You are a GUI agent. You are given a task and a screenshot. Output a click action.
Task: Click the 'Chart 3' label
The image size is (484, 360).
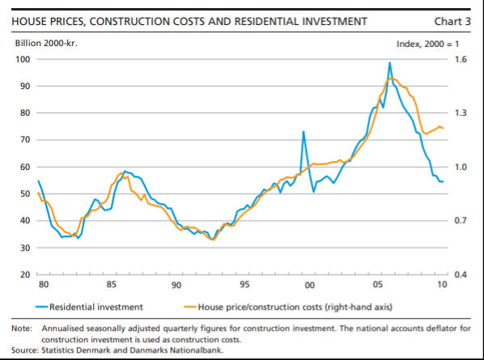coord(452,21)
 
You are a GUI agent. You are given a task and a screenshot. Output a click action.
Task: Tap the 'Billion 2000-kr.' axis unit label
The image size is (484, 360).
coord(46,43)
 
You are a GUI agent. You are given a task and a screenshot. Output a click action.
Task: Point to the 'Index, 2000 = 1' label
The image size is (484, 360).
coord(427,44)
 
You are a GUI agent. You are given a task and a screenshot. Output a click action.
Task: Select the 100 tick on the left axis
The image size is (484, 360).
coord(23,59)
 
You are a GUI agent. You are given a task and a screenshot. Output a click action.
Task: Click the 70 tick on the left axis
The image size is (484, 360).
coord(25,140)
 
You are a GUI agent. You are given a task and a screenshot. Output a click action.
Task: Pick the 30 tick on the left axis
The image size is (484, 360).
coord(25,248)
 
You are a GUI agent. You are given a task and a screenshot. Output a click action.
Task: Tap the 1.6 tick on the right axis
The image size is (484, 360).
coord(461,59)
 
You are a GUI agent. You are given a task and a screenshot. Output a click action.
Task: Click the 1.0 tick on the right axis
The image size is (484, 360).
coord(461,167)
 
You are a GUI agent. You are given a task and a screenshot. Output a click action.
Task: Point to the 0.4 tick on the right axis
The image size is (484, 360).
coord(461,274)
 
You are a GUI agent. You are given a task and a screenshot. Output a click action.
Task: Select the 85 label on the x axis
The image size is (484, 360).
coord(112,284)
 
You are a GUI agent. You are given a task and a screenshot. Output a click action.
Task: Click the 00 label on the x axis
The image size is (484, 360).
coord(310,285)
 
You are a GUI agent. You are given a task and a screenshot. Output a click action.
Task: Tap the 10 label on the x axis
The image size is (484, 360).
coord(443,284)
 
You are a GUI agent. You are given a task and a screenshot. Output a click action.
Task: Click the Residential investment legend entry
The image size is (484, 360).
coord(89,307)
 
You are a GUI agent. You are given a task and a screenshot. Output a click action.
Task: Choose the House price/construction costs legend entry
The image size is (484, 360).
coord(288,307)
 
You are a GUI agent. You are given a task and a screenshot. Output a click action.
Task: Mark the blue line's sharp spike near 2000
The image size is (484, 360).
coord(304,132)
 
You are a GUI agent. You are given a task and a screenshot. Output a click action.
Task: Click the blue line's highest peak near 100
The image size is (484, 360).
coord(389,63)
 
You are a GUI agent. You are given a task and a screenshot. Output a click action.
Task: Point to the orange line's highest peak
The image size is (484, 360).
coord(392,78)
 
